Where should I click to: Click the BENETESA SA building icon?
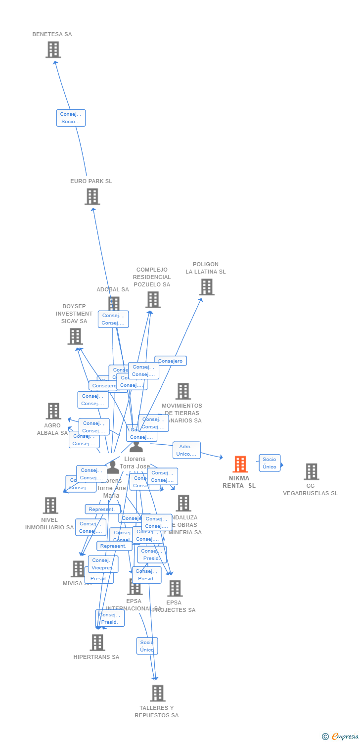[53, 49]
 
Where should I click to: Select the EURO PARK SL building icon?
[92, 196]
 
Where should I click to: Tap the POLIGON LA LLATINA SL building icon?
[206, 287]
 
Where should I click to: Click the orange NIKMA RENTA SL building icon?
[240, 464]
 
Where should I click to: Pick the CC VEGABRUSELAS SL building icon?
[311, 471]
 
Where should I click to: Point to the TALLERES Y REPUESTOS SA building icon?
[157, 693]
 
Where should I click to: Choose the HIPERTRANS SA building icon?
[97, 642]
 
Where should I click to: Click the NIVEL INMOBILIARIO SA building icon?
[50, 505]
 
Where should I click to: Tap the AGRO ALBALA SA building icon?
[53, 411]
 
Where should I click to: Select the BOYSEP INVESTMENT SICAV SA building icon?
[75, 336]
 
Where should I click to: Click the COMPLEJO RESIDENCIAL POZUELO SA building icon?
[153, 299]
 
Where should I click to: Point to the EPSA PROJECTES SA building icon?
[175, 588]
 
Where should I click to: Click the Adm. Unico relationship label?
[186, 450]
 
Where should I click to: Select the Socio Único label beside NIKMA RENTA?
[270, 463]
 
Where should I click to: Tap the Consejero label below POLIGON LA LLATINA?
[171, 361]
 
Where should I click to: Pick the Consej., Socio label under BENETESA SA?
[71, 118]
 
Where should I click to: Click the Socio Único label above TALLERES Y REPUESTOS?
[147, 646]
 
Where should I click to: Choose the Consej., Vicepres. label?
[103, 564]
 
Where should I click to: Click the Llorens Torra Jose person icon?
[136, 447]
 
